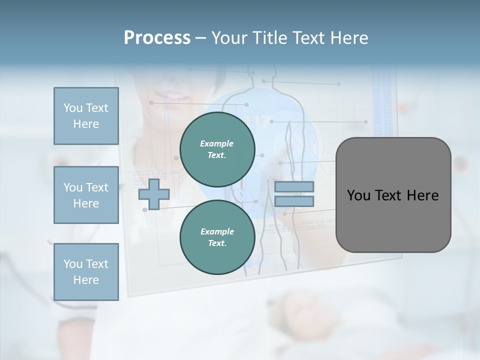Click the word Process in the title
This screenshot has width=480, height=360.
(157, 38)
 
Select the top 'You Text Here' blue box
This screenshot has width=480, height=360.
(86, 116)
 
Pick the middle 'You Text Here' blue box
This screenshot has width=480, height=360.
(86, 195)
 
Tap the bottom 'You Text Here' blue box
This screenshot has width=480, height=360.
(86, 272)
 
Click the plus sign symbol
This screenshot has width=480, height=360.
(154, 194)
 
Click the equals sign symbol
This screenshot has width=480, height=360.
(294, 194)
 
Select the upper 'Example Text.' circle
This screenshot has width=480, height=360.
(217, 149)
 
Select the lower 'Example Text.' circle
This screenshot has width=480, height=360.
(217, 237)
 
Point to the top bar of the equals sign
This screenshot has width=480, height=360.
(294, 187)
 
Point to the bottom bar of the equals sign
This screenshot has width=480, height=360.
(294, 201)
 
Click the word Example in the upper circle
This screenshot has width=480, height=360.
(217, 144)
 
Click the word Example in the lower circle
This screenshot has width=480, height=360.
(217, 232)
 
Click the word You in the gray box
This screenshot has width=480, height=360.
(358, 195)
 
